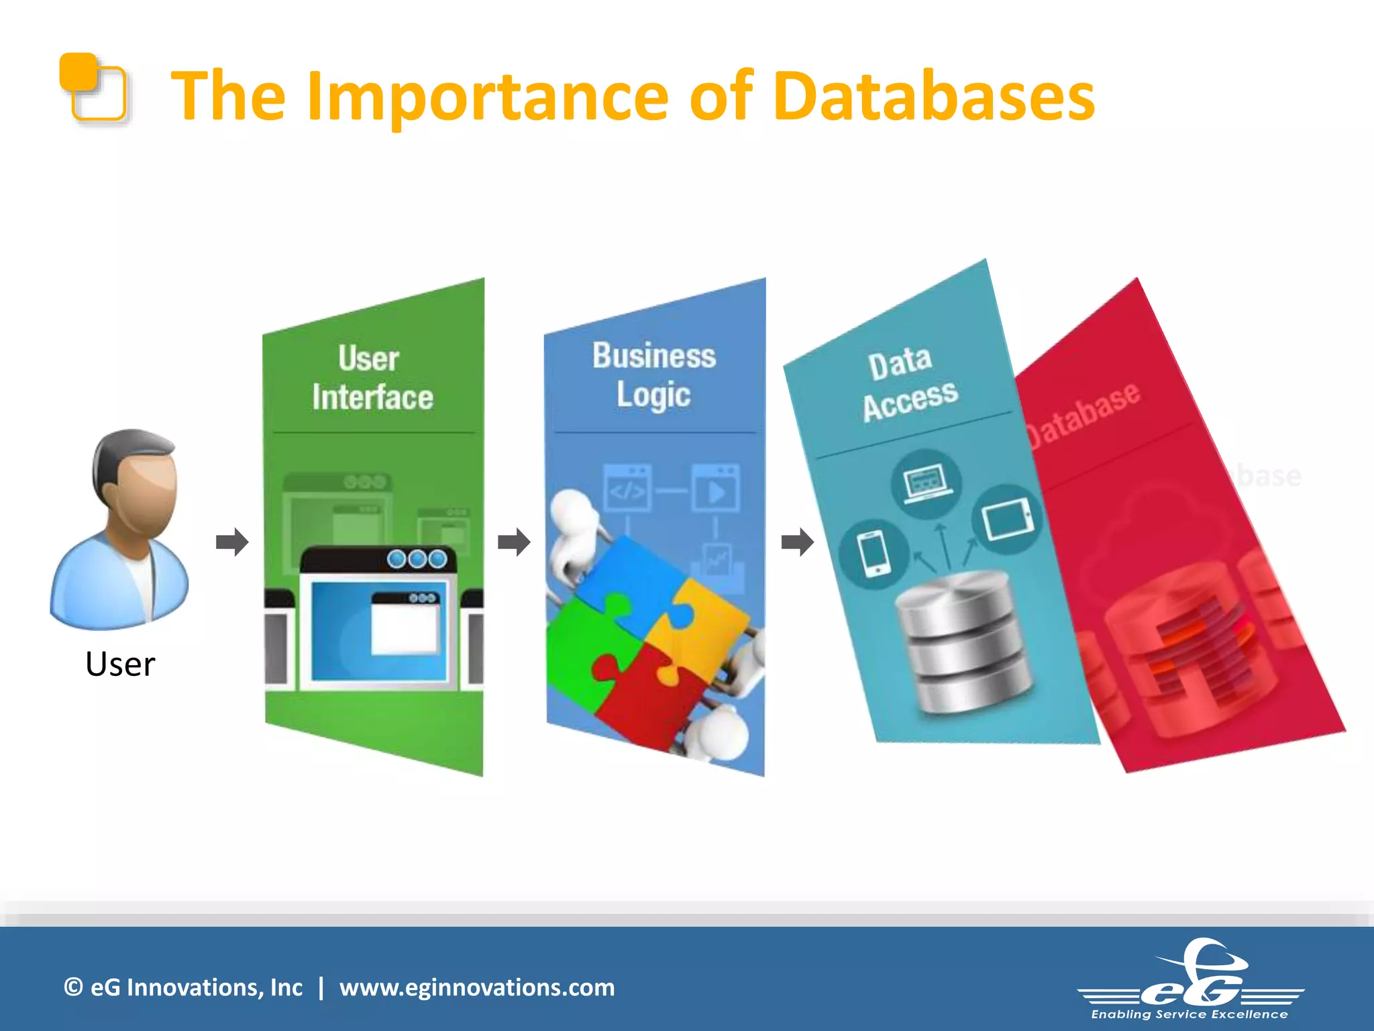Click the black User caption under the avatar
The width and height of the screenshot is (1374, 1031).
(120, 664)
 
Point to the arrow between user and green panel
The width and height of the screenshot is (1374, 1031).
(232, 542)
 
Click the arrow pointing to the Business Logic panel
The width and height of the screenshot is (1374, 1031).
(514, 542)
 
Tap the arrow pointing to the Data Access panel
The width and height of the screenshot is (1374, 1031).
(797, 542)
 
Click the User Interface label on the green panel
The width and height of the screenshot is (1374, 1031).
(372, 377)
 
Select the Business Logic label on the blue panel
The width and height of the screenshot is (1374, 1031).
(654, 375)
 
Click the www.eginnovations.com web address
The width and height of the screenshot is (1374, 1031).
(476, 987)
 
